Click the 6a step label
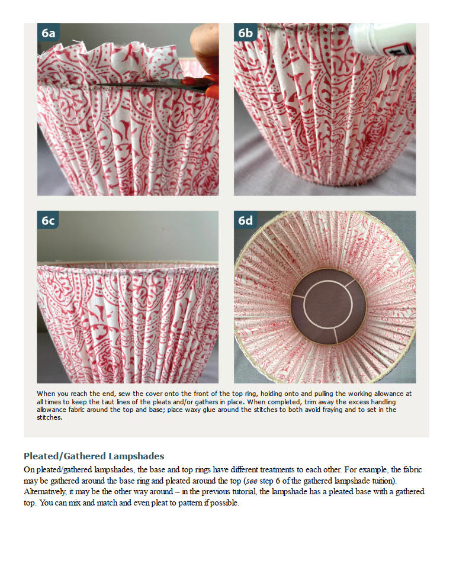pos(48,33)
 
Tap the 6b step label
pos(245,33)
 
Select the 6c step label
pos(48,221)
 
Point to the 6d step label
pos(245,221)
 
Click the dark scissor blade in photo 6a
pos(148,84)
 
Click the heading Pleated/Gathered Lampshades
pos(94,456)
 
